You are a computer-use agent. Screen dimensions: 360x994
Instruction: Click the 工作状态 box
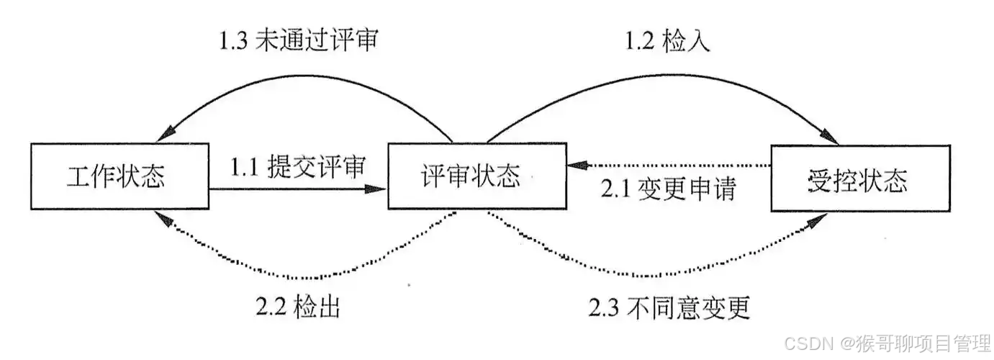pyautogui.click(x=119, y=176)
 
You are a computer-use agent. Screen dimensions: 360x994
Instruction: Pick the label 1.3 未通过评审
pyautogui.click(x=299, y=41)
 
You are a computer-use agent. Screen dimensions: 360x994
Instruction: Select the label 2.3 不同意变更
pyautogui.click(x=669, y=307)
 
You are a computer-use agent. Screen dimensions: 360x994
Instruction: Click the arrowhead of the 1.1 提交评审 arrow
pyautogui.click(x=379, y=189)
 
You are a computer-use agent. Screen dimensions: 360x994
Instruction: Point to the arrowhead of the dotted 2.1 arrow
pyautogui.click(x=573, y=165)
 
